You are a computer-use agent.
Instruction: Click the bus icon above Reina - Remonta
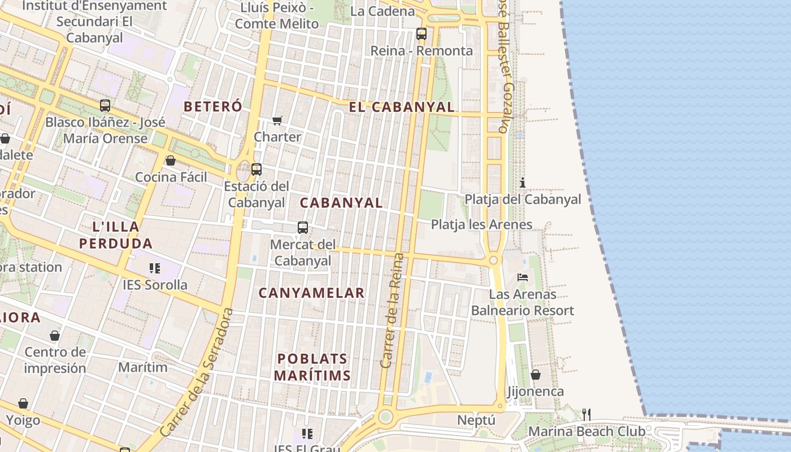(421, 33)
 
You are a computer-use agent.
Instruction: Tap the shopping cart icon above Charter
(277, 120)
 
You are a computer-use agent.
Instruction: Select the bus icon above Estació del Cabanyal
(257, 169)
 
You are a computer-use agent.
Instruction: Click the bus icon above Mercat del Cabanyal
(303, 228)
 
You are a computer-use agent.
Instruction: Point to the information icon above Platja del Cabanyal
(523, 182)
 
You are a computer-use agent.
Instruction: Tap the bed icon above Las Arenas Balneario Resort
(523, 277)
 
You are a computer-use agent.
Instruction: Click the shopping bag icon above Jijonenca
(535, 375)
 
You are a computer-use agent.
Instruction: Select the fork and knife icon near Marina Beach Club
(586, 415)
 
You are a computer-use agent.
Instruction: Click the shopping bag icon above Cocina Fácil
(171, 160)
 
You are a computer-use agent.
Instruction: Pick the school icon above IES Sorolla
(155, 268)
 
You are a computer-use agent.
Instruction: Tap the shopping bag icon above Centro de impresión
(55, 336)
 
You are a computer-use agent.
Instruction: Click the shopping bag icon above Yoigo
(23, 403)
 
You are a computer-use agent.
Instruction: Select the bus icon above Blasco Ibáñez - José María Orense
(105, 105)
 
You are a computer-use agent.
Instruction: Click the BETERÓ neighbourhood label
(213, 106)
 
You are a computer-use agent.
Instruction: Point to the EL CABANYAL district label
(401, 107)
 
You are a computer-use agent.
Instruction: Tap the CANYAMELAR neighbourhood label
(311, 293)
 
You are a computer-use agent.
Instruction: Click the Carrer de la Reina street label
(393, 311)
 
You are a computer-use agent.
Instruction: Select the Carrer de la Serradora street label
(197, 373)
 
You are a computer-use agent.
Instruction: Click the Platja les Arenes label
(481, 224)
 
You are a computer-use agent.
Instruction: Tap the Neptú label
(476, 420)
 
